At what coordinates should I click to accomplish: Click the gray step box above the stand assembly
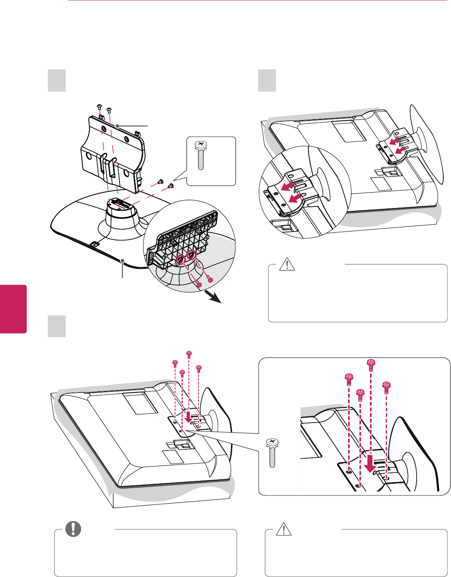(x=57, y=80)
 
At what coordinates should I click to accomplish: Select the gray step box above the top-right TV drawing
(x=267, y=80)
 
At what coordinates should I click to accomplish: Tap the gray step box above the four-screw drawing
(x=57, y=326)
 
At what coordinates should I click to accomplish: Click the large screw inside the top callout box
(x=200, y=155)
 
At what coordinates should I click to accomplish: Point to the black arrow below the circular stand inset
(x=214, y=297)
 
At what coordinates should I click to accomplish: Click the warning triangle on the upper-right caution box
(x=287, y=264)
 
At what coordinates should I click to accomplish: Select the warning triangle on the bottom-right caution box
(x=284, y=529)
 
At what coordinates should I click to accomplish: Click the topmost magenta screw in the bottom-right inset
(x=370, y=365)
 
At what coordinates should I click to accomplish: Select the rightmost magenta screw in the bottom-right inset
(x=387, y=388)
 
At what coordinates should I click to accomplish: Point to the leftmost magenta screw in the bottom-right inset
(x=348, y=380)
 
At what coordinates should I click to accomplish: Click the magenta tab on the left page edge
(x=13, y=309)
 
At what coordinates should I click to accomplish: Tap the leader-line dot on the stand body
(x=117, y=126)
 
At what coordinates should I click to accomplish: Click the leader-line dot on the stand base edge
(x=122, y=260)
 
